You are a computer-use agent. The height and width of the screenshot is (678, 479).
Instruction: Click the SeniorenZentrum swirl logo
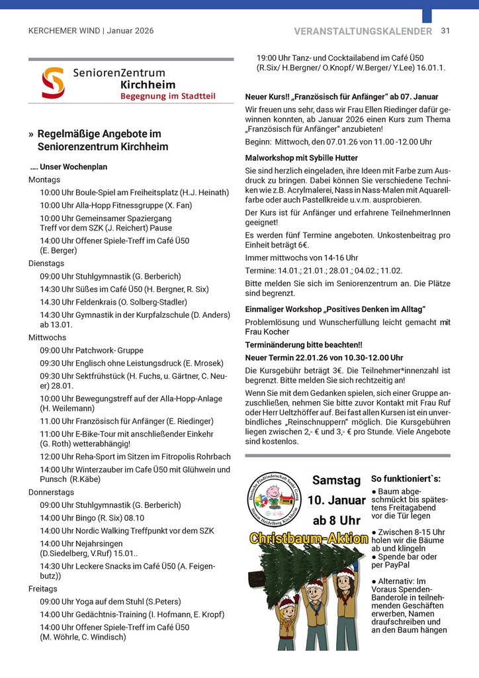point(53,82)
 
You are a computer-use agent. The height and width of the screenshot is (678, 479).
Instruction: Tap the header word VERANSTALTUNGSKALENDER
point(363,31)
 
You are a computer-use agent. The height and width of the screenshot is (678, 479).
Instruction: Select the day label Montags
point(44,179)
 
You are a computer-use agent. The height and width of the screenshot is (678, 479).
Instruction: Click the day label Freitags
point(43,589)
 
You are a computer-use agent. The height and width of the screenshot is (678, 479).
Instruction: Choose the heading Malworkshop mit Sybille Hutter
point(301,158)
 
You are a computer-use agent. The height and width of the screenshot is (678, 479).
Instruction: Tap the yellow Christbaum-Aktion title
point(308,538)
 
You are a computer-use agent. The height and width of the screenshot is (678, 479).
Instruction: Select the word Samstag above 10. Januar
point(337,480)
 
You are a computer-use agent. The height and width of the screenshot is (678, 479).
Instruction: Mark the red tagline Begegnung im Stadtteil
point(168,97)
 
